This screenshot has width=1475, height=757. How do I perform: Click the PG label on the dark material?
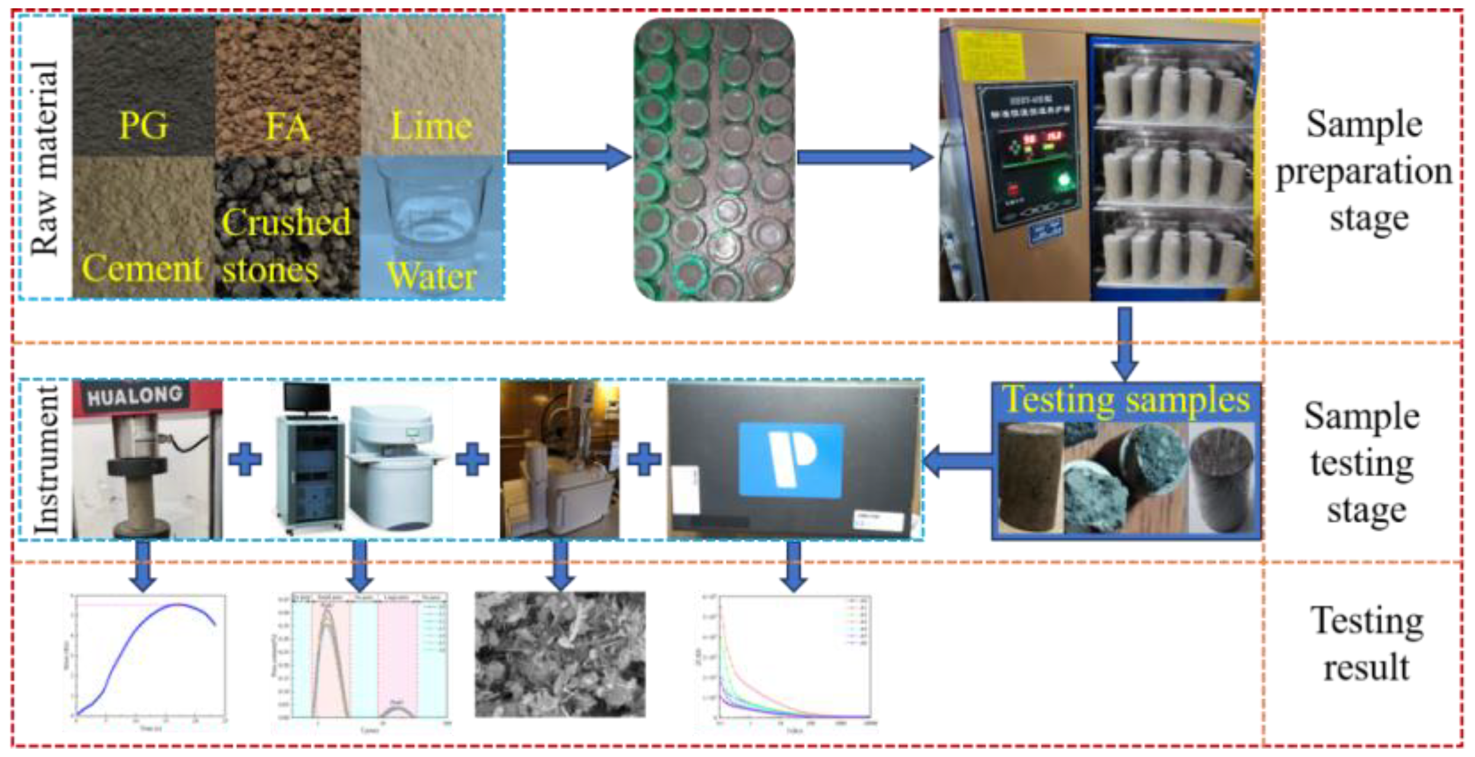point(143,125)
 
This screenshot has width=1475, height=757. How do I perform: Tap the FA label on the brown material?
point(288,126)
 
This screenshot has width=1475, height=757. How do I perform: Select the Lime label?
point(432,126)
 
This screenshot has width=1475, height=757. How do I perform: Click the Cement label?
point(142,268)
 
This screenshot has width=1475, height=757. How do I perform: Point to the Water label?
point(431,276)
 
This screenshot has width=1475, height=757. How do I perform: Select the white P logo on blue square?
point(790,459)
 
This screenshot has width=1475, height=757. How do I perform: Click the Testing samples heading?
point(1126,399)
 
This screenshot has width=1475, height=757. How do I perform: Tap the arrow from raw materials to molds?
point(569,157)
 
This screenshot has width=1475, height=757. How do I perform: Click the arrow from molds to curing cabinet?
point(864,157)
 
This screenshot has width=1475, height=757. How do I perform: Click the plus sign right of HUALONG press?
point(245,459)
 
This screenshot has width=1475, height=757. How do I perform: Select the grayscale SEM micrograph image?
point(560,654)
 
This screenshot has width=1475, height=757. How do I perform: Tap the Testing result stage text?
point(1366,644)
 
